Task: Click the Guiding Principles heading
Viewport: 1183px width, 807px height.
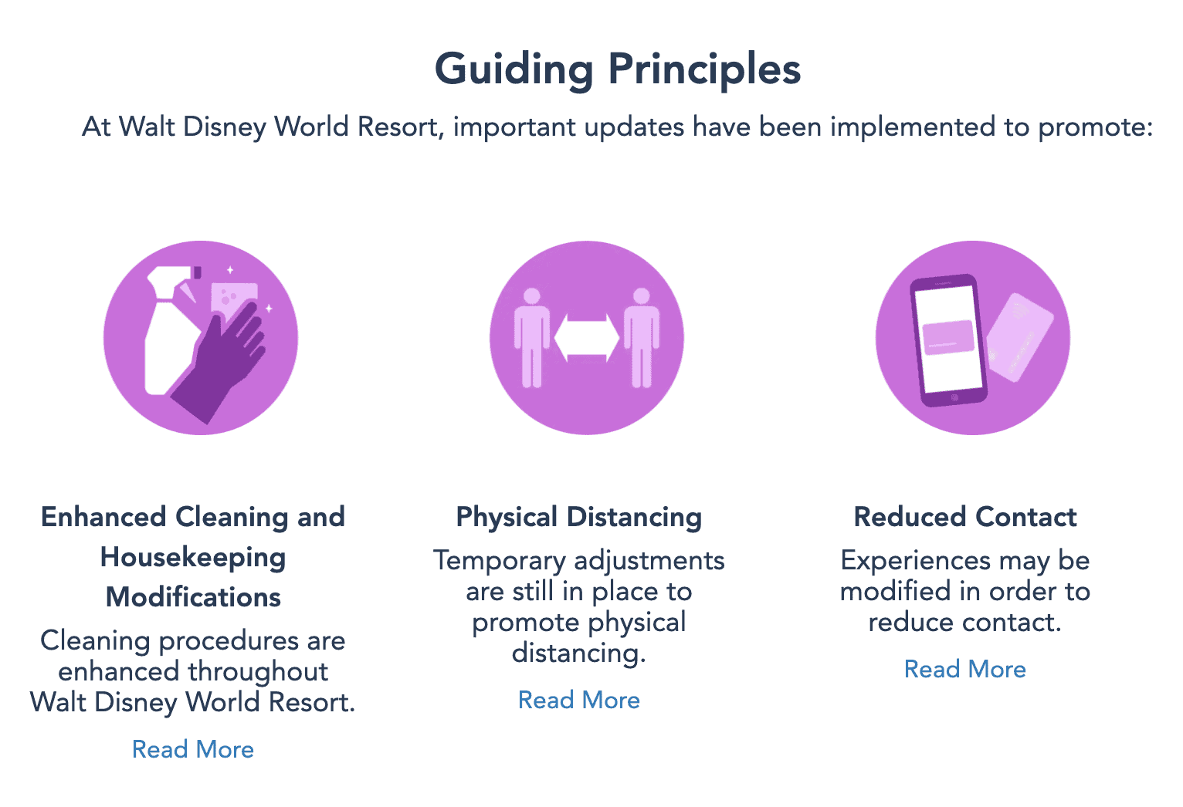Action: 618,69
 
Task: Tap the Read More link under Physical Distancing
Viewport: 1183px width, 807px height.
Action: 579,700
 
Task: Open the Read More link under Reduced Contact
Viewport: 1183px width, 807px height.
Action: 965,669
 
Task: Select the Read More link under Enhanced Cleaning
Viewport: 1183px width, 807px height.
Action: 193,749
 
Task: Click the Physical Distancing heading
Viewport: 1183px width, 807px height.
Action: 579,517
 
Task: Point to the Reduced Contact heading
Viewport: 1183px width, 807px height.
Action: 965,516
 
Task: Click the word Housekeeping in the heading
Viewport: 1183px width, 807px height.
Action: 193,558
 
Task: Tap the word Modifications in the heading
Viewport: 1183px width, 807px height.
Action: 193,597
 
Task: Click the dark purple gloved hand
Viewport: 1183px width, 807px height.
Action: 221,364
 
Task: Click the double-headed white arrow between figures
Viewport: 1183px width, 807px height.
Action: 587,338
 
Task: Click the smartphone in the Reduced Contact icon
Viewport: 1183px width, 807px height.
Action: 948,340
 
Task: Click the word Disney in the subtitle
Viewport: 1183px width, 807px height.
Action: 225,128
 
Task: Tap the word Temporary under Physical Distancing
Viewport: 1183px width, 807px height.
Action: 499,561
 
